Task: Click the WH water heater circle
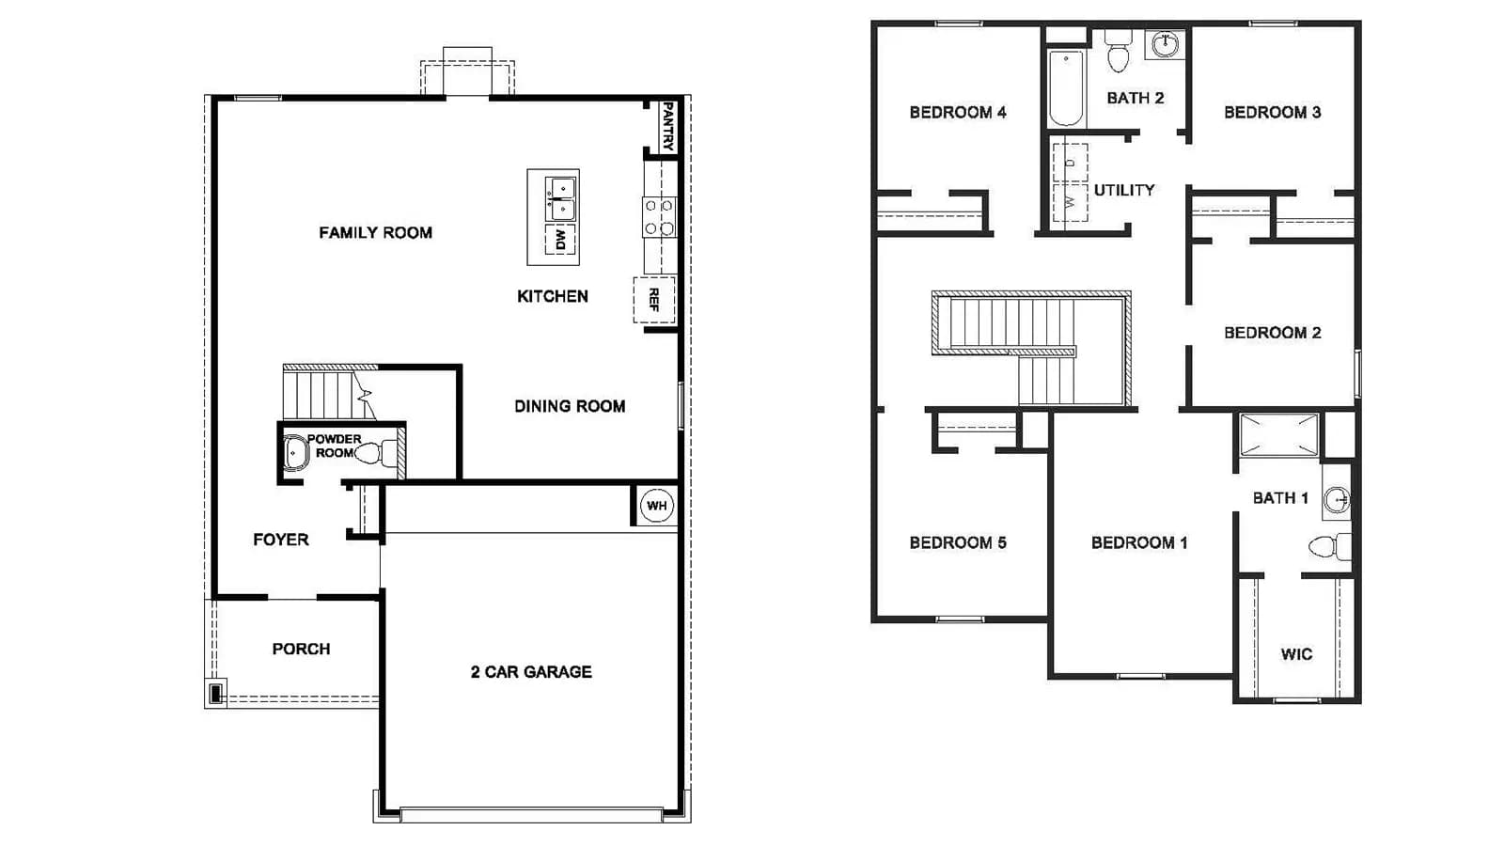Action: coord(657,506)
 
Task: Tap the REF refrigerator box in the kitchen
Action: coord(654,300)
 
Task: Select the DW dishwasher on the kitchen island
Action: coord(560,240)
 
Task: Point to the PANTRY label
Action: coord(667,126)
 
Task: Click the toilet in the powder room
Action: coord(376,453)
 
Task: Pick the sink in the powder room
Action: coord(295,452)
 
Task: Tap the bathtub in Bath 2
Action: coord(1066,88)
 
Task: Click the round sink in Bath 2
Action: coord(1165,45)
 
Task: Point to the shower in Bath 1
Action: coord(1279,435)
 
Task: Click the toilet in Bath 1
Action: coord(1330,546)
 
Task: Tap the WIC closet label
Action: coord(1296,654)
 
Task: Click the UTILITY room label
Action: coord(1124,190)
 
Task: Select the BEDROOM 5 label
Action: coord(958,542)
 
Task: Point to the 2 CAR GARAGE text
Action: coord(531,672)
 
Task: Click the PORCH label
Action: coord(301,650)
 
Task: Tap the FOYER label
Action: coord(281,540)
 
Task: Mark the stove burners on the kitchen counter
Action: coord(659,217)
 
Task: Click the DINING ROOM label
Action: coord(570,406)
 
